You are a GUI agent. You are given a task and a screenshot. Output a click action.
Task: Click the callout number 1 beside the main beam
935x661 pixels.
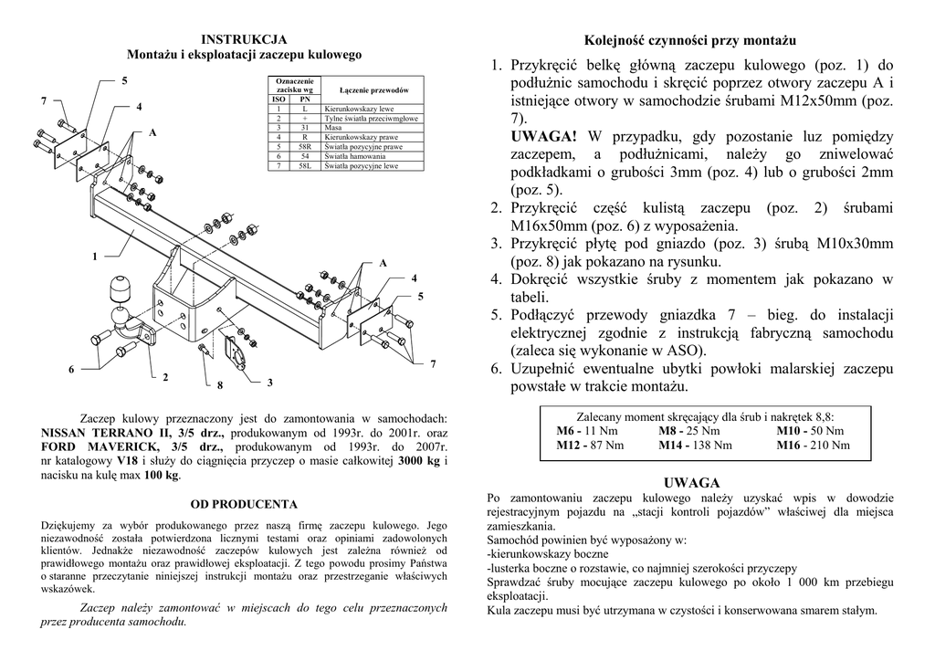pos(93,258)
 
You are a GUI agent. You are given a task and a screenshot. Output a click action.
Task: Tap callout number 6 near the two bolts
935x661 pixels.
pos(71,369)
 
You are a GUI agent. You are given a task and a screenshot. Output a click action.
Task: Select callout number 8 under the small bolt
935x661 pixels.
pos(220,384)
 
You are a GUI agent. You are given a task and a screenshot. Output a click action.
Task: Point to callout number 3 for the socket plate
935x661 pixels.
pos(269,381)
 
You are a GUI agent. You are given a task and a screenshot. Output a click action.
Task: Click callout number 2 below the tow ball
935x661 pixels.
pos(165,376)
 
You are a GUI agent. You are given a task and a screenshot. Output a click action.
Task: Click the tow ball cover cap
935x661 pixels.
pos(121,289)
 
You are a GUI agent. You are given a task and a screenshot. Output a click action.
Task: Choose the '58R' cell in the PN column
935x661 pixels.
pos(304,146)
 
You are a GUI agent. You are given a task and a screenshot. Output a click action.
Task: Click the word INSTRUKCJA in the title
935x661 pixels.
pos(244,39)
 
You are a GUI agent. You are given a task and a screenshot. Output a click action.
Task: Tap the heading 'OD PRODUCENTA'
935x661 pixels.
pos(244,503)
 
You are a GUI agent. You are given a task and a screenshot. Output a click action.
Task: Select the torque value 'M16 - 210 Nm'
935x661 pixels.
pos(813,446)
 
